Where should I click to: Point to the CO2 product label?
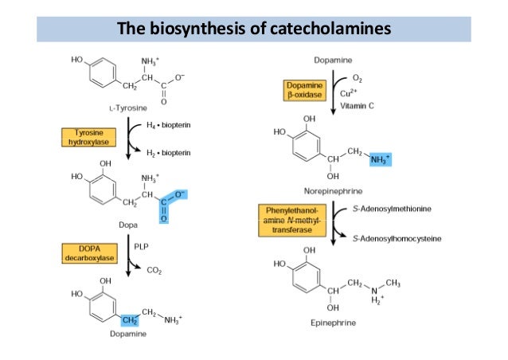click(157, 271)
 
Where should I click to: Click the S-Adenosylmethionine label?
click(391, 209)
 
